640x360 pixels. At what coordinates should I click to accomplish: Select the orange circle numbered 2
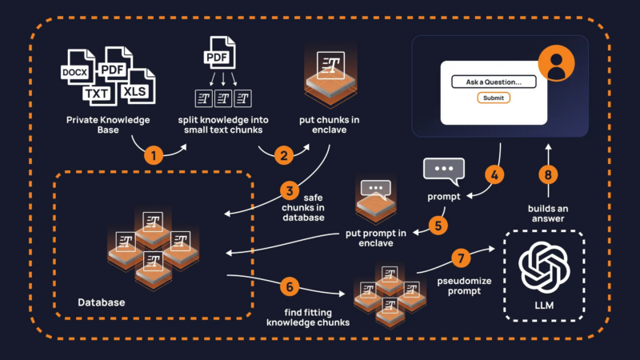pos(282,154)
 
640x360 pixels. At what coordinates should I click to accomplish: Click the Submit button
pos(494,98)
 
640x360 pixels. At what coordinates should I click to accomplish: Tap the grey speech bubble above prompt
pos(442,170)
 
